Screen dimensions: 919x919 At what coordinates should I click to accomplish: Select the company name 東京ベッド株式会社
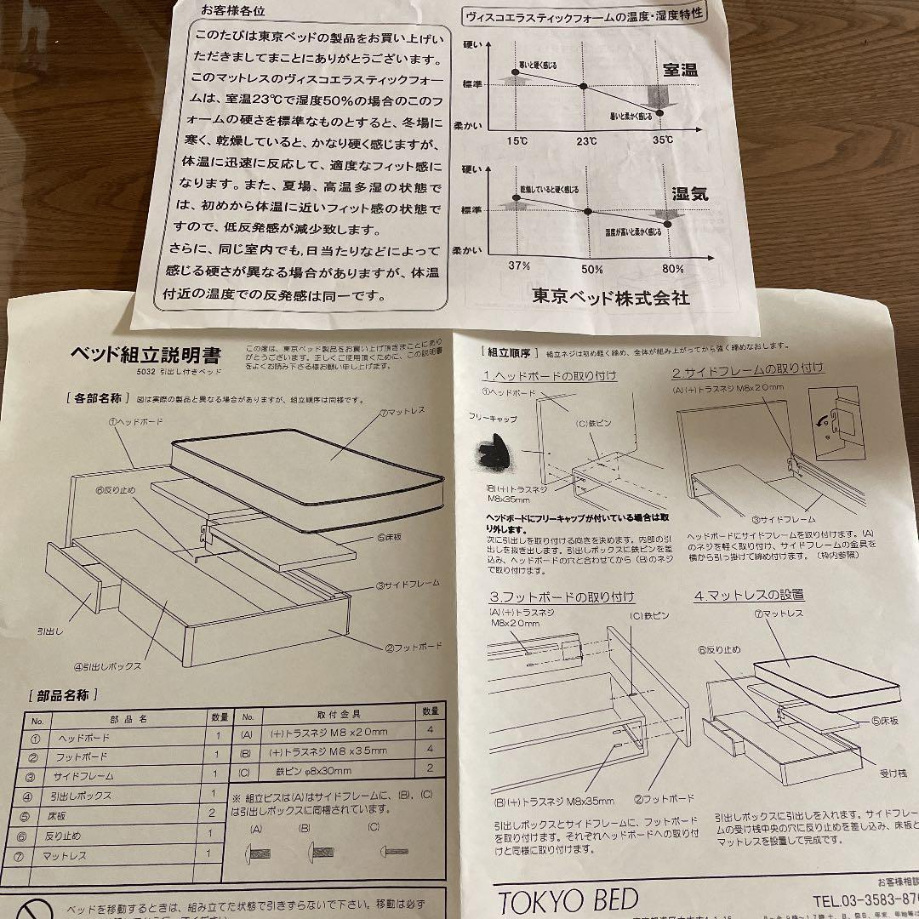tap(610, 298)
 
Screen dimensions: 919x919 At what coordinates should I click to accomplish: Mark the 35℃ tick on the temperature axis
tap(662, 140)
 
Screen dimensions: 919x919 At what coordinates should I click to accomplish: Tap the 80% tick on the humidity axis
tap(673, 268)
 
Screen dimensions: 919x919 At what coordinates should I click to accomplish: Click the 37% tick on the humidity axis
tap(519, 266)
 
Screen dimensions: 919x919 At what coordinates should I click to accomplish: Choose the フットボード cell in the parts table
tap(83, 756)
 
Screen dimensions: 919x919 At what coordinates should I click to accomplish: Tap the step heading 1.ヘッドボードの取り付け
tap(550, 375)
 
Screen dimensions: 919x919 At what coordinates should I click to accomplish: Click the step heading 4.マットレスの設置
tap(748, 595)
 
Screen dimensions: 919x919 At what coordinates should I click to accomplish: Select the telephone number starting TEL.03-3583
tap(864, 899)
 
